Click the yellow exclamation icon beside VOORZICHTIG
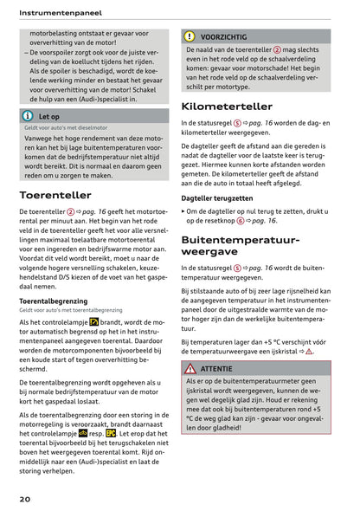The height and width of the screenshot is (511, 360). tap(190, 37)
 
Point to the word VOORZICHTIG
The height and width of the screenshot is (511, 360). tap(222, 37)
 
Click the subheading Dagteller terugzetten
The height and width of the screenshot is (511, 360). tap(217, 197)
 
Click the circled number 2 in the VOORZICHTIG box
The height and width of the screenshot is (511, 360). tap(277, 50)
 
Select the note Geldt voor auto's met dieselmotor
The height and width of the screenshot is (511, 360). tap(64, 127)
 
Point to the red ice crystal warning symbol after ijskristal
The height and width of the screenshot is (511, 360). tap(309, 352)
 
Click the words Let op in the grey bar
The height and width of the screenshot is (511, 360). tap(48, 115)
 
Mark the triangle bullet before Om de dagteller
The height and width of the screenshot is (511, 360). tap(183, 210)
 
